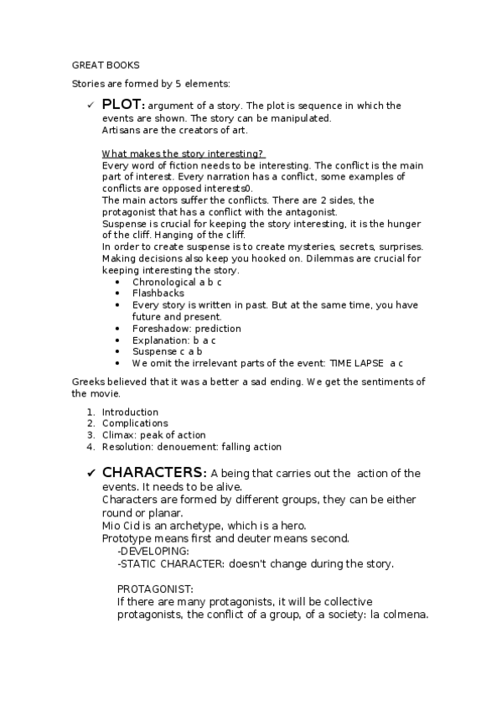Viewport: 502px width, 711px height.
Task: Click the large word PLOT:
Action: point(123,105)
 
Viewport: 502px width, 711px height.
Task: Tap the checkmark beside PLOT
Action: point(90,106)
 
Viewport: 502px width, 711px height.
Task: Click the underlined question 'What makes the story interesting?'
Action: point(183,153)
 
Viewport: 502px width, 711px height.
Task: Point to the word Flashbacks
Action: point(158,293)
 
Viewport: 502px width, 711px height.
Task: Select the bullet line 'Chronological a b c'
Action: point(176,282)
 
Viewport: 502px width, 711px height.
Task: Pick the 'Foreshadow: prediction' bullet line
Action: point(186,329)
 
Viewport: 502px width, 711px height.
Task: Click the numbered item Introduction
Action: point(130,412)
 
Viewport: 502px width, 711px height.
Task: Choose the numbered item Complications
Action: point(135,423)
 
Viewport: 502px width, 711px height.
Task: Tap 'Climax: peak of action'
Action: point(153,435)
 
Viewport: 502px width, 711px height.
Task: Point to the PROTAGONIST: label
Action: point(155,589)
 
